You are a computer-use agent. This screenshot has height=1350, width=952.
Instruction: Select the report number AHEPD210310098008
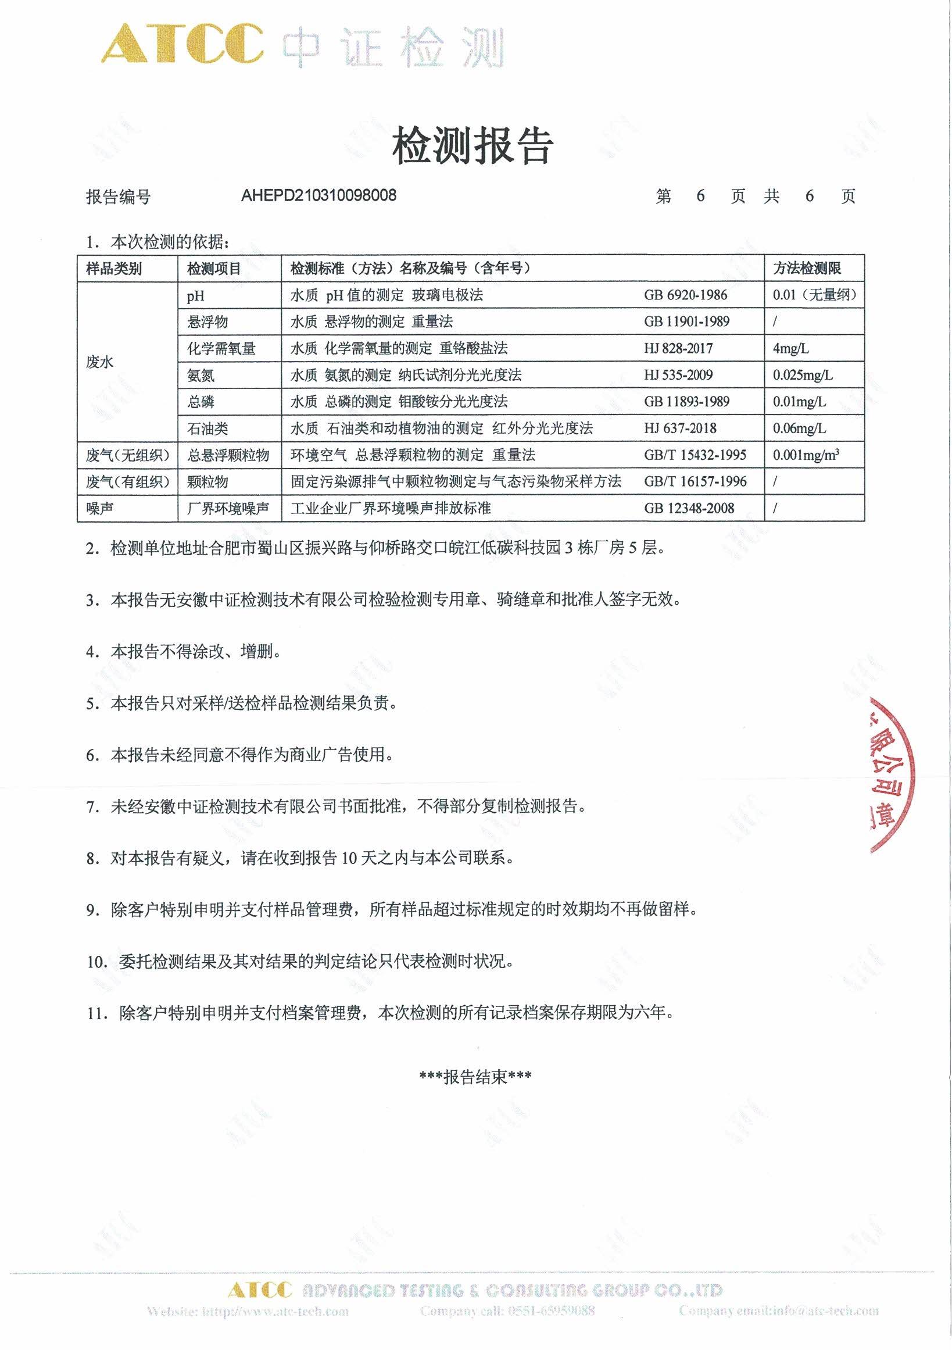tap(318, 195)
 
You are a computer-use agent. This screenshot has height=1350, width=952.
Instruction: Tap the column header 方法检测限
tap(807, 269)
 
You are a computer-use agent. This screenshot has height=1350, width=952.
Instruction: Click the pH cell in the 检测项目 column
tap(196, 296)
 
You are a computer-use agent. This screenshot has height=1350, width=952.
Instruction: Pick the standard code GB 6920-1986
tap(685, 295)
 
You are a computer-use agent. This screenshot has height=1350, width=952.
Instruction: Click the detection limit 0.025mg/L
tap(802, 375)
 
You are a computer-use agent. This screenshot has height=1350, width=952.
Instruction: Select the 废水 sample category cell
tap(100, 362)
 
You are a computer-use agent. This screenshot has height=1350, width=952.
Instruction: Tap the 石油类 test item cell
tap(207, 428)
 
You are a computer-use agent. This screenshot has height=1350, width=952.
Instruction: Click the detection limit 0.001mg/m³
tap(806, 455)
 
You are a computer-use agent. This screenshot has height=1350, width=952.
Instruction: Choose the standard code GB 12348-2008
tap(689, 509)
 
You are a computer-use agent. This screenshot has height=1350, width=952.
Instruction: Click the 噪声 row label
tap(100, 509)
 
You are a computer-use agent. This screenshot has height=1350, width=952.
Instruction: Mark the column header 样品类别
tap(114, 269)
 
